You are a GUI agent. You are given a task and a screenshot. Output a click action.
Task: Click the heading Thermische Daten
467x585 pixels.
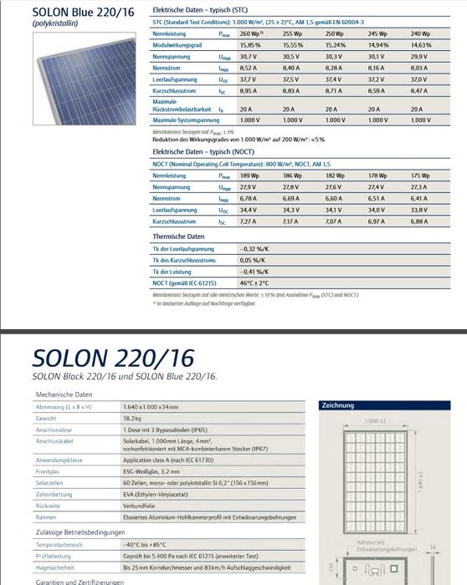point(180,237)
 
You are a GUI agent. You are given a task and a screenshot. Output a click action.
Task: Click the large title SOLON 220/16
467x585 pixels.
point(113,358)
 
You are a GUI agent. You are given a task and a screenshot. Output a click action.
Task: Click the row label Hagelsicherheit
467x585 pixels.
point(57,567)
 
